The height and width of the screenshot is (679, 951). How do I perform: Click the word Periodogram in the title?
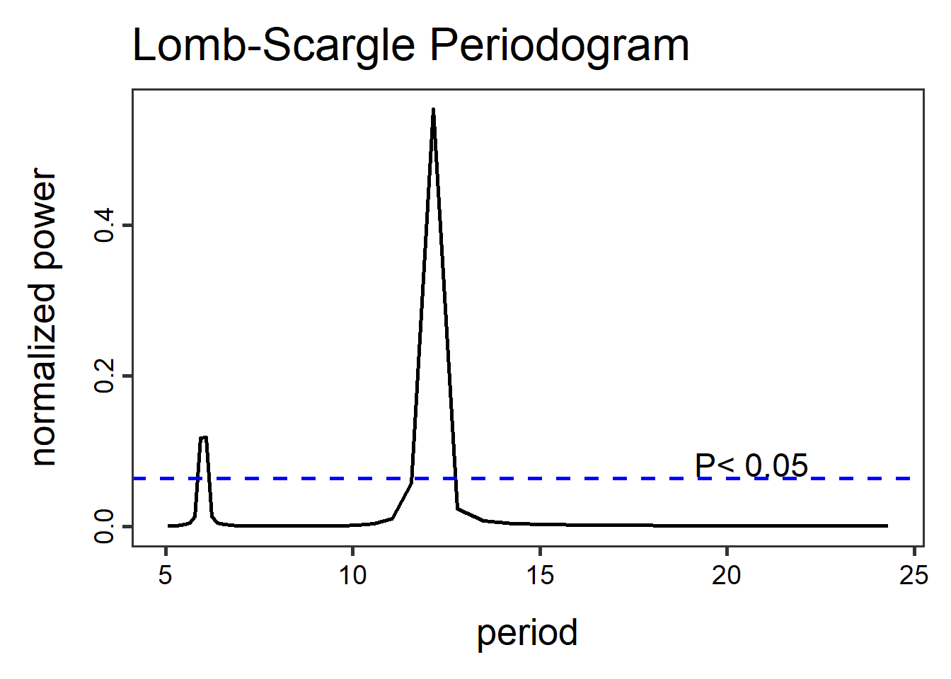tap(559, 47)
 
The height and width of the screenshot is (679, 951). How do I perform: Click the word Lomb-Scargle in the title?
tap(274, 47)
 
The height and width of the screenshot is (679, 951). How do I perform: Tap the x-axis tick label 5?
tap(166, 576)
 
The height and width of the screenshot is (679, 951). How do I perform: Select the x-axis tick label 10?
tap(352, 576)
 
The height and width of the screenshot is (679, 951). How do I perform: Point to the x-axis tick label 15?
tap(540, 576)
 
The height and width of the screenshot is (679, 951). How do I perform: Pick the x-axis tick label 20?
tap(727, 576)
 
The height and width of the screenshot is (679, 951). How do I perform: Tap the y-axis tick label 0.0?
tap(105, 526)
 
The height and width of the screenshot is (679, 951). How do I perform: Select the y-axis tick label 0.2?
tap(105, 376)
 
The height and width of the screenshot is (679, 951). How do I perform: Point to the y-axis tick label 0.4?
tap(105, 226)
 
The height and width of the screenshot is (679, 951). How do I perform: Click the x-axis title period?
tap(527, 632)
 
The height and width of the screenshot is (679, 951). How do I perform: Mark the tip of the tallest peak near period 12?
tap(433, 109)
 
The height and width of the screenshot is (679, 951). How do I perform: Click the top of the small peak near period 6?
tap(204, 437)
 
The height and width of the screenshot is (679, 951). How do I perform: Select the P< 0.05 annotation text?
tap(751, 465)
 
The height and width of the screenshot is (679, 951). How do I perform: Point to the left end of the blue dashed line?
tap(134, 479)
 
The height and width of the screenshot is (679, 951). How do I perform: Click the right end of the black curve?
tap(887, 526)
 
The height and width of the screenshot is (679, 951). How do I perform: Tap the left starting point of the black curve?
tap(168, 526)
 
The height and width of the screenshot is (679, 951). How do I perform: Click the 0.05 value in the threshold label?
tap(776, 465)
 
